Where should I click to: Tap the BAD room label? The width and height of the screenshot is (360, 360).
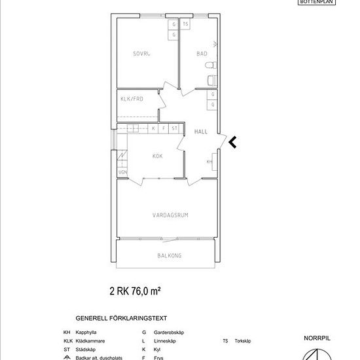point(202,55)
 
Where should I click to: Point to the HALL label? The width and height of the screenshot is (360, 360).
point(202,132)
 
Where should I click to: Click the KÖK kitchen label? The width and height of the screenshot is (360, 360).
point(157,156)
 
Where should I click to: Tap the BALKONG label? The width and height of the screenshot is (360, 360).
point(170,256)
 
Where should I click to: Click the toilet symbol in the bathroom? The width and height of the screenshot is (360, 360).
point(210,66)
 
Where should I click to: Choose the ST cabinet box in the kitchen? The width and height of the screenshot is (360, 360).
point(174,129)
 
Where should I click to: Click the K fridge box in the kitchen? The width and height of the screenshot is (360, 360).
point(153,129)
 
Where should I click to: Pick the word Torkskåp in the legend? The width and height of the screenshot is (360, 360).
point(242,341)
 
